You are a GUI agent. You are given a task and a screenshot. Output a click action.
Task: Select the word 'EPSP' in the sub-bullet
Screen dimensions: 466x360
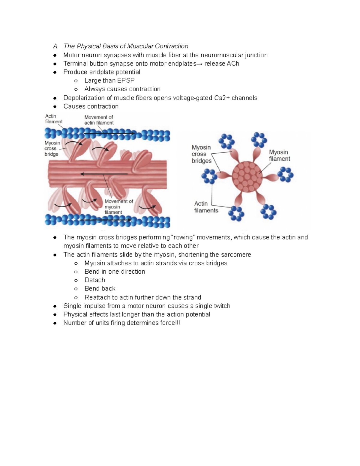pyautogui.click(x=126, y=80)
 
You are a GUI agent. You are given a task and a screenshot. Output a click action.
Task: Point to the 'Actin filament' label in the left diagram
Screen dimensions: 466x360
pyautogui.click(x=53, y=119)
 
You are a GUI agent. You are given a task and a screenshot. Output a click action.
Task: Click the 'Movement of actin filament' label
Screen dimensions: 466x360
pyautogui.click(x=99, y=120)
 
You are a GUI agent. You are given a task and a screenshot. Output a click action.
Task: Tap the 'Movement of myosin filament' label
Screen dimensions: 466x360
pyautogui.click(x=118, y=207)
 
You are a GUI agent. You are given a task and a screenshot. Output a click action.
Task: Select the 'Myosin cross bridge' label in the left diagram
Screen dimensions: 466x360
pyautogui.click(x=52, y=149)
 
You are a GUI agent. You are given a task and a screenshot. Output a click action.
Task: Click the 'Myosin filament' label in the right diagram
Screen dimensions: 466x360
pyautogui.click(x=279, y=155)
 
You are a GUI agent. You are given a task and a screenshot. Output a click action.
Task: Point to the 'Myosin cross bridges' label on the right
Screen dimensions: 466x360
pyautogui.click(x=201, y=154)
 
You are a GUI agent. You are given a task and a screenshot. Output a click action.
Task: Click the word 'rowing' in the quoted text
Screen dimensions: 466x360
pyautogui.click(x=183, y=237)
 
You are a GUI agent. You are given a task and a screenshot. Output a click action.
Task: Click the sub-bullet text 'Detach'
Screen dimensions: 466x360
pyautogui.click(x=95, y=280)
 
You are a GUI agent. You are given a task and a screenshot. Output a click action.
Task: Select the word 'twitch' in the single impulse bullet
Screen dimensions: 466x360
pyautogui.click(x=221, y=306)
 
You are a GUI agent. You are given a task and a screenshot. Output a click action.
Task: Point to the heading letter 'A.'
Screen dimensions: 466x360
pyautogui.click(x=55, y=46)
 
